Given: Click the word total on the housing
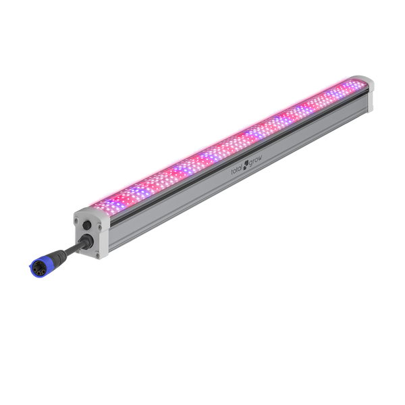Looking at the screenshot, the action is click(x=237, y=169).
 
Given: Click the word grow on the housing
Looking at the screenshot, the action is click(x=255, y=161).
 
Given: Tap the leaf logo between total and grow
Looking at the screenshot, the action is click(x=246, y=163).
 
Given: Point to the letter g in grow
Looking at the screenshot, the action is click(x=250, y=163).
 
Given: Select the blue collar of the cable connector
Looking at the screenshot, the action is click(x=37, y=269).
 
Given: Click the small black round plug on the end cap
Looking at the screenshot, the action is click(x=87, y=225).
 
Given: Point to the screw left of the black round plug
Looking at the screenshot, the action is click(x=76, y=220).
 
